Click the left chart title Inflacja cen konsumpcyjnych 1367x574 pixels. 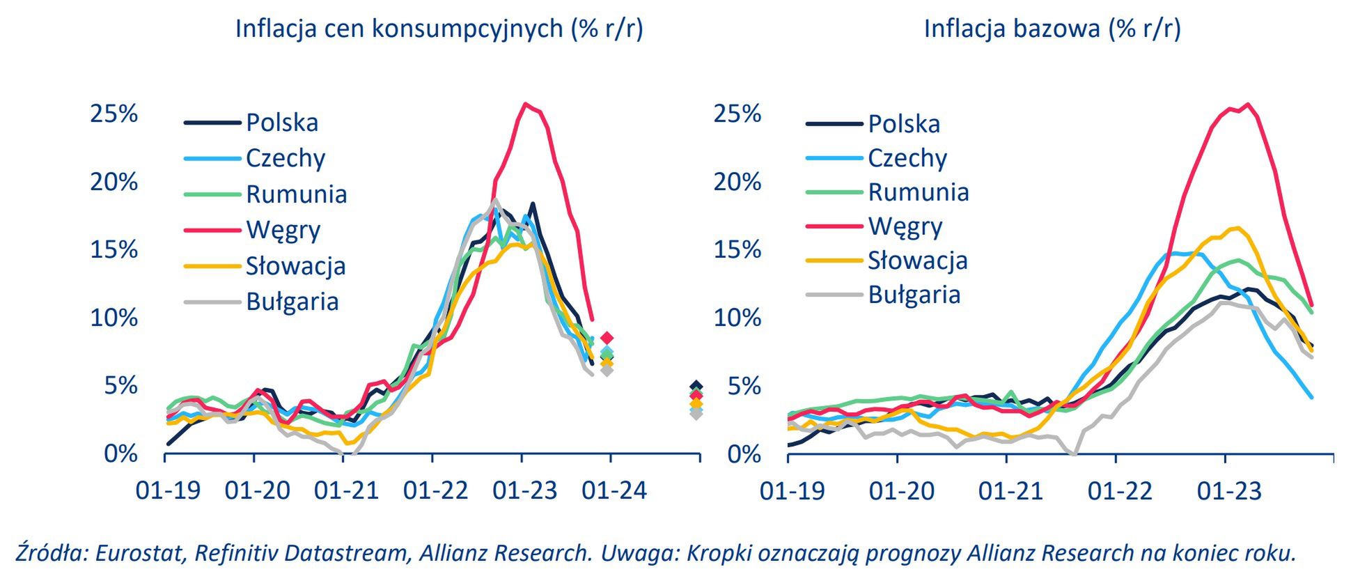tap(439, 29)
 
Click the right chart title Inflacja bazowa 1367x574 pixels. tap(1052, 29)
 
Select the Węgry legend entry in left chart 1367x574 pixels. tap(283, 229)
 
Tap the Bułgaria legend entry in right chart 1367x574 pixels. tap(914, 295)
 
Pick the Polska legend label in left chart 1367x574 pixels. tap(282, 123)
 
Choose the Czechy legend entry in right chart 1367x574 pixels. tap(907, 158)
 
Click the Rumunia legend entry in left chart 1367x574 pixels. tap(296, 194)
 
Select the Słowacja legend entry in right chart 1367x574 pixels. tap(917, 261)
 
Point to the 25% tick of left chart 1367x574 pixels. tap(114, 114)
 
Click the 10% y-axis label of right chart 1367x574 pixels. tap(737, 318)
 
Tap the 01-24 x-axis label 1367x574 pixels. tap(614, 490)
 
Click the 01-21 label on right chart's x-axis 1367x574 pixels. tap(1010, 491)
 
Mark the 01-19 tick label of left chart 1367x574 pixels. tap(168, 490)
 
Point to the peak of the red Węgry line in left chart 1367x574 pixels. tap(526, 104)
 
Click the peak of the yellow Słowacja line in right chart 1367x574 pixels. tap(1237, 227)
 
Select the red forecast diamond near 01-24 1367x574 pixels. tap(607, 338)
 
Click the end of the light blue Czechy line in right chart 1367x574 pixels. tap(1311, 397)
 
